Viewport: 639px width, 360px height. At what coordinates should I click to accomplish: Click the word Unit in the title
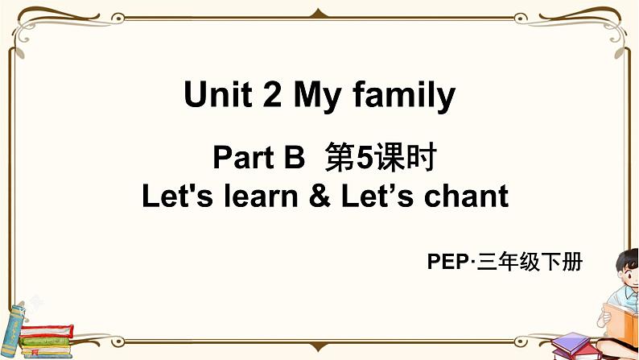tap(211, 96)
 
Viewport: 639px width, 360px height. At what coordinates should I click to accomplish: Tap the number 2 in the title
tap(262, 96)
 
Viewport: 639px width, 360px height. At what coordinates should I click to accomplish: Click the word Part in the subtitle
tap(243, 159)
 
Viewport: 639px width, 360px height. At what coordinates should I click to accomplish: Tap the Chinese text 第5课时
tap(379, 159)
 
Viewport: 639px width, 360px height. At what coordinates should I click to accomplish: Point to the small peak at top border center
tap(319, 10)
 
